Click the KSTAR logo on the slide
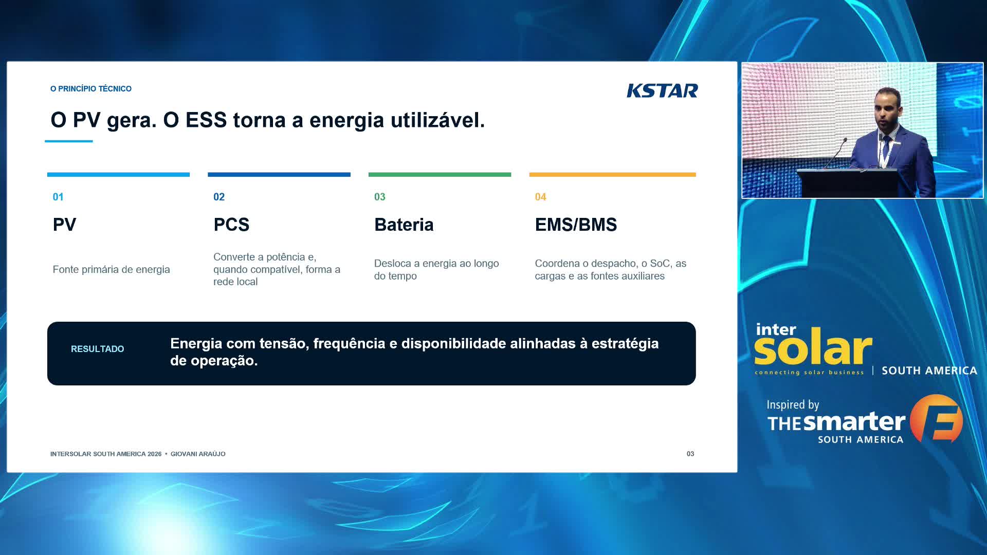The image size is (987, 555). [662, 90]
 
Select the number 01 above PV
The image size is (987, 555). [58, 197]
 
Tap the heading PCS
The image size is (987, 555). [231, 225]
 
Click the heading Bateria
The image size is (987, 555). [404, 225]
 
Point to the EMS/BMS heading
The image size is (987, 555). [576, 225]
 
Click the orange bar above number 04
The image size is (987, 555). [612, 175]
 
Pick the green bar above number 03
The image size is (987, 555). [440, 175]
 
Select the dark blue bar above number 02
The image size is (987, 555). [279, 175]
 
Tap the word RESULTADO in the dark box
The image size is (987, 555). [98, 349]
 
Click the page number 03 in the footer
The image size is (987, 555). [690, 454]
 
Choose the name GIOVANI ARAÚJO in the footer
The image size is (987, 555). [198, 454]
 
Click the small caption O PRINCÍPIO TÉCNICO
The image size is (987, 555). [91, 88]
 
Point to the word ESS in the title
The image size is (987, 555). [206, 120]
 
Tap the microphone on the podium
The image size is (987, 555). [835, 153]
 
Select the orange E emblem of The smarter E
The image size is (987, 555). [936, 418]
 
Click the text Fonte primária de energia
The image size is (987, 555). [111, 269]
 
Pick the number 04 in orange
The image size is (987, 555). [540, 197]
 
